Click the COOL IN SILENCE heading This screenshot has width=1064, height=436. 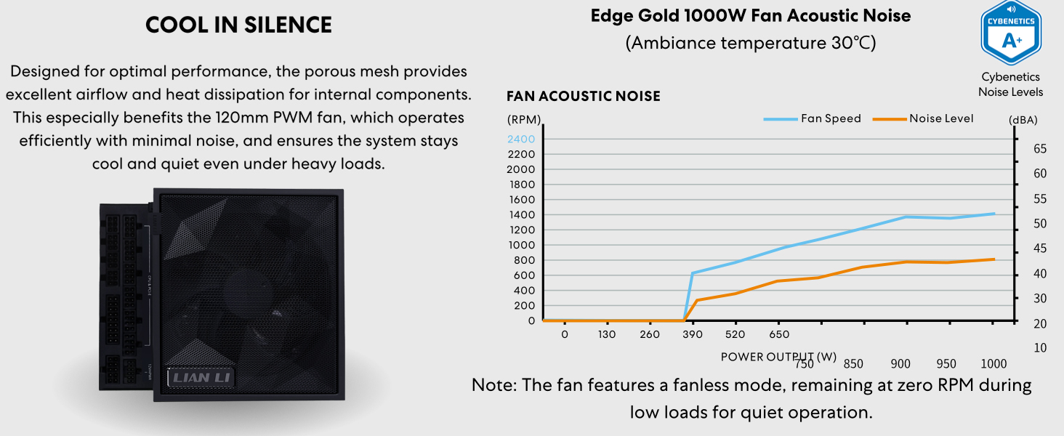tap(238, 25)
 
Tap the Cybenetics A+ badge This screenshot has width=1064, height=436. tap(1011, 32)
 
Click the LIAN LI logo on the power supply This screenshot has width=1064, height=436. tap(201, 378)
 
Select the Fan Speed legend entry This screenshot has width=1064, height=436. tap(813, 118)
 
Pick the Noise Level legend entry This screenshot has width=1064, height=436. tap(923, 118)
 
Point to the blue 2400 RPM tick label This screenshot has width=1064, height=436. tap(521, 140)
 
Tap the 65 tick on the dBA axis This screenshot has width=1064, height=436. tap(1040, 149)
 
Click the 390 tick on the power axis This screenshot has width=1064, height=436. tap(693, 334)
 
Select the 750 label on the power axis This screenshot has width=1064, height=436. tap(804, 364)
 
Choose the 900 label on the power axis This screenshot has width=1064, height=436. tap(900, 364)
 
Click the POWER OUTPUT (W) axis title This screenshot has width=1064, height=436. tap(778, 357)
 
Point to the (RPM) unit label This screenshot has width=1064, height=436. tap(524, 120)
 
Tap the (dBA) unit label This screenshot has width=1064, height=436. tap(1023, 120)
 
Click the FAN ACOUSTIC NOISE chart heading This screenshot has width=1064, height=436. tap(584, 97)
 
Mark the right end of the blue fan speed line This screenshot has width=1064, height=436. tap(994, 214)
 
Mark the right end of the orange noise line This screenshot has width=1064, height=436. tap(994, 259)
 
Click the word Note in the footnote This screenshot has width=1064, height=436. tap(491, 384)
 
